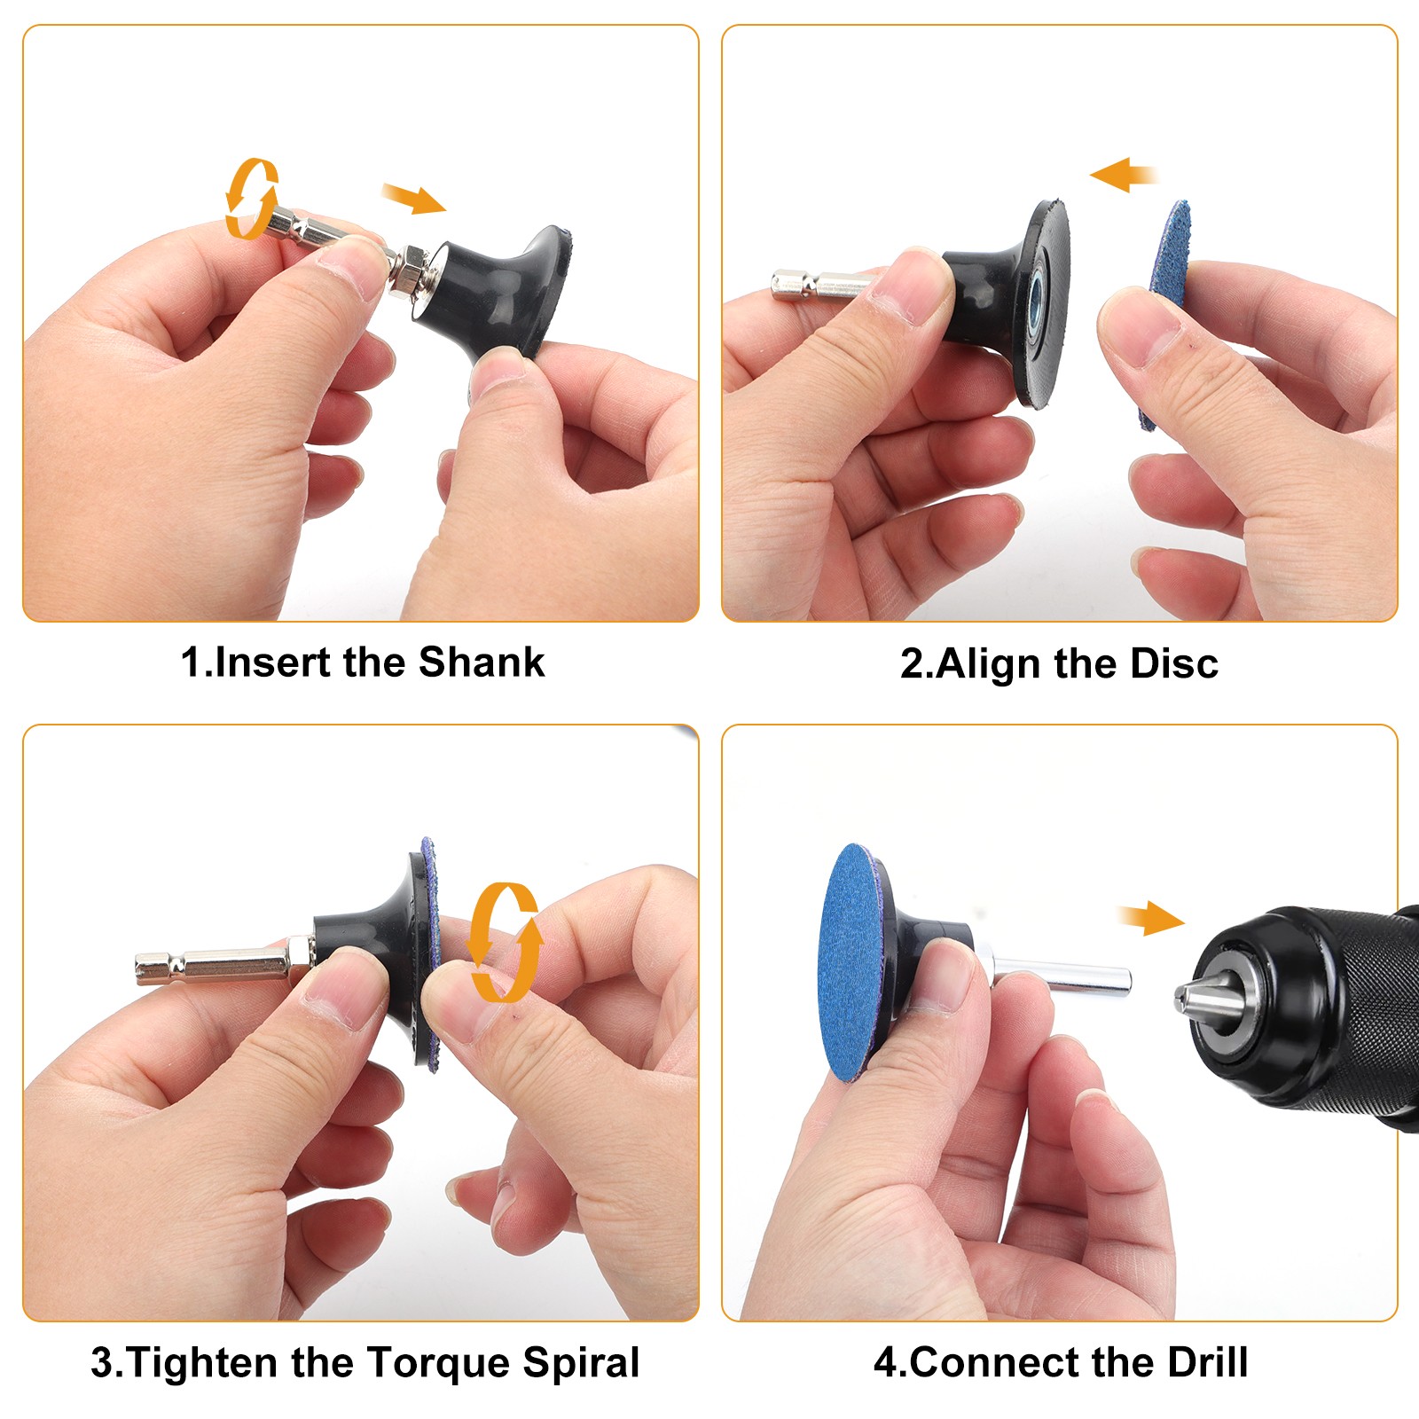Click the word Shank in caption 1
[482, 662]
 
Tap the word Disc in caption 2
[1174, 663]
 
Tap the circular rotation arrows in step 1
[252, 199]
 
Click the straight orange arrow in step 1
[414, 199]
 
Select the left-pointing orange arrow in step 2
[1124, 175]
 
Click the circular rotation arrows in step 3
[504, 942]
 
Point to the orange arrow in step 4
[1151, 918]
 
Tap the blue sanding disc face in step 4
[854, 963]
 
